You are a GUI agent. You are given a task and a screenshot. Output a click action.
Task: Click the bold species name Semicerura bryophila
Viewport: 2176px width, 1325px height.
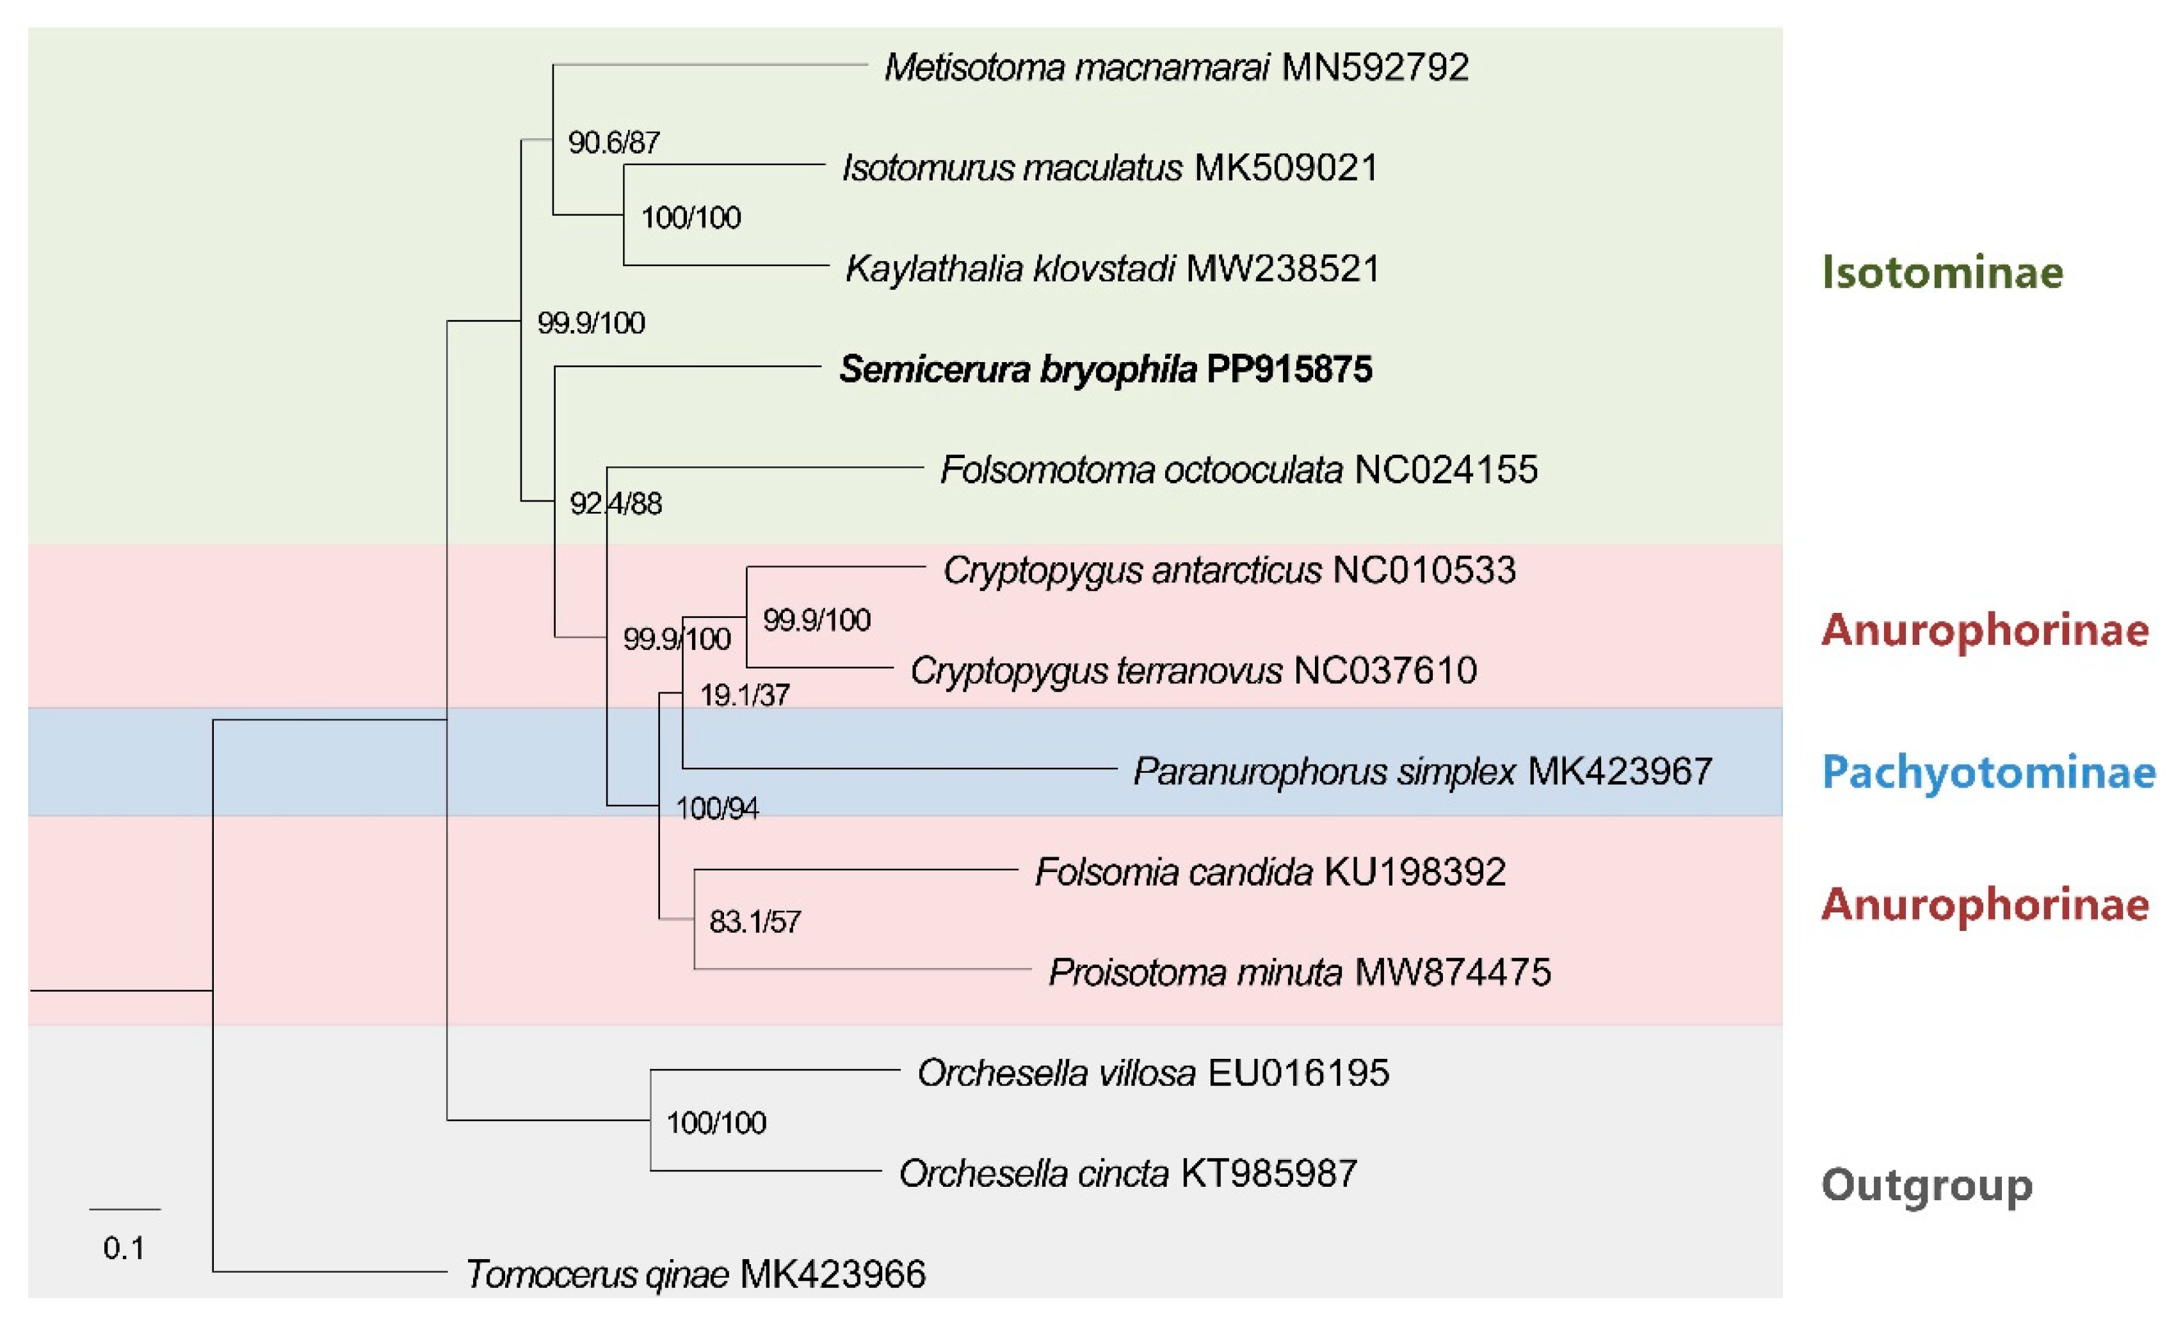click(1017, 369)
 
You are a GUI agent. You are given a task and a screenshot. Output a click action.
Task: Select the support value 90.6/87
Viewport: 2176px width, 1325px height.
click(614, 142)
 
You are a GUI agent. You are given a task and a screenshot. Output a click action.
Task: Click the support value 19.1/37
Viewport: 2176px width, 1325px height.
click(745, 695)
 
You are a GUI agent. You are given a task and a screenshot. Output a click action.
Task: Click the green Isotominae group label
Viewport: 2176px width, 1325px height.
click(1942, 272)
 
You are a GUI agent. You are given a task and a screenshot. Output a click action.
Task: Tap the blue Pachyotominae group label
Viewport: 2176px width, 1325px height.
click(1988, 772)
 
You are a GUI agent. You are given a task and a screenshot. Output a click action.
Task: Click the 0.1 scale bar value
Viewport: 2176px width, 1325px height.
click(124, 1248)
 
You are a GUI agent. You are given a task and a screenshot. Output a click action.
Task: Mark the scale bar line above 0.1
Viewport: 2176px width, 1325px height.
click(125, 1209)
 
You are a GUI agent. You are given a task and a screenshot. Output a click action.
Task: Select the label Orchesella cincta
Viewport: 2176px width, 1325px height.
click(1033, 1174)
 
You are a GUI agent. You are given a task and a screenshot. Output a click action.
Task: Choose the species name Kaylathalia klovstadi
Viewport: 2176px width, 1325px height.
click(1010, 268)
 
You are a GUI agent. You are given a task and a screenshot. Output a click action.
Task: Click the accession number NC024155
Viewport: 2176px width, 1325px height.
click(1446, 470)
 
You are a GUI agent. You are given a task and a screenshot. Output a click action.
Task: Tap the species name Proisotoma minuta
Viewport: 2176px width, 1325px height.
click(1195, 972)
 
